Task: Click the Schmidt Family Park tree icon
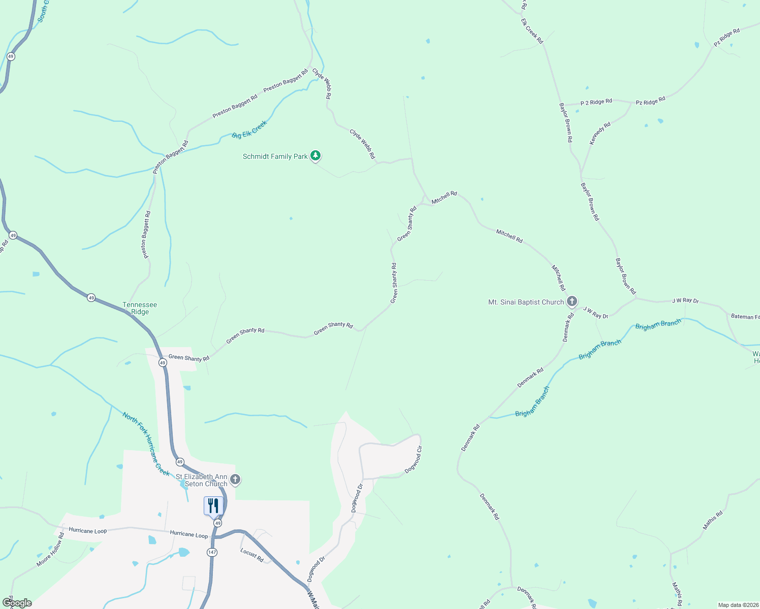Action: coord(315,156)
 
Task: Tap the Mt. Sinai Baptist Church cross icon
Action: coord(572,302)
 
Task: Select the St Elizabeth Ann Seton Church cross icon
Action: coord(235,479)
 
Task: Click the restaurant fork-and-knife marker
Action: coord(213,506)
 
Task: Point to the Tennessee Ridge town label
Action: coord(140,308)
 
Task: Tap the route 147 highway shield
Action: coord(212,552)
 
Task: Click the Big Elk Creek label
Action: coord(249,129)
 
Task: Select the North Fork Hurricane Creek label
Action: coord(146,444)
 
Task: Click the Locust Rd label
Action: coord(252,555)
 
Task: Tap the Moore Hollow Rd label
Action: coord(50,550)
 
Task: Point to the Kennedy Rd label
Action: coord(600,133)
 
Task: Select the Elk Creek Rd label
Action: coord(532,31)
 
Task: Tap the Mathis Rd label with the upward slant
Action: coord(712,520)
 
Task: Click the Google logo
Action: coord(17,603)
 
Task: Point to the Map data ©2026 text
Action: coord(737,605)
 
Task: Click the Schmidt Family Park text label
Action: coord(275,156)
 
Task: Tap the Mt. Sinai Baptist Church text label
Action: coord(526,302)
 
